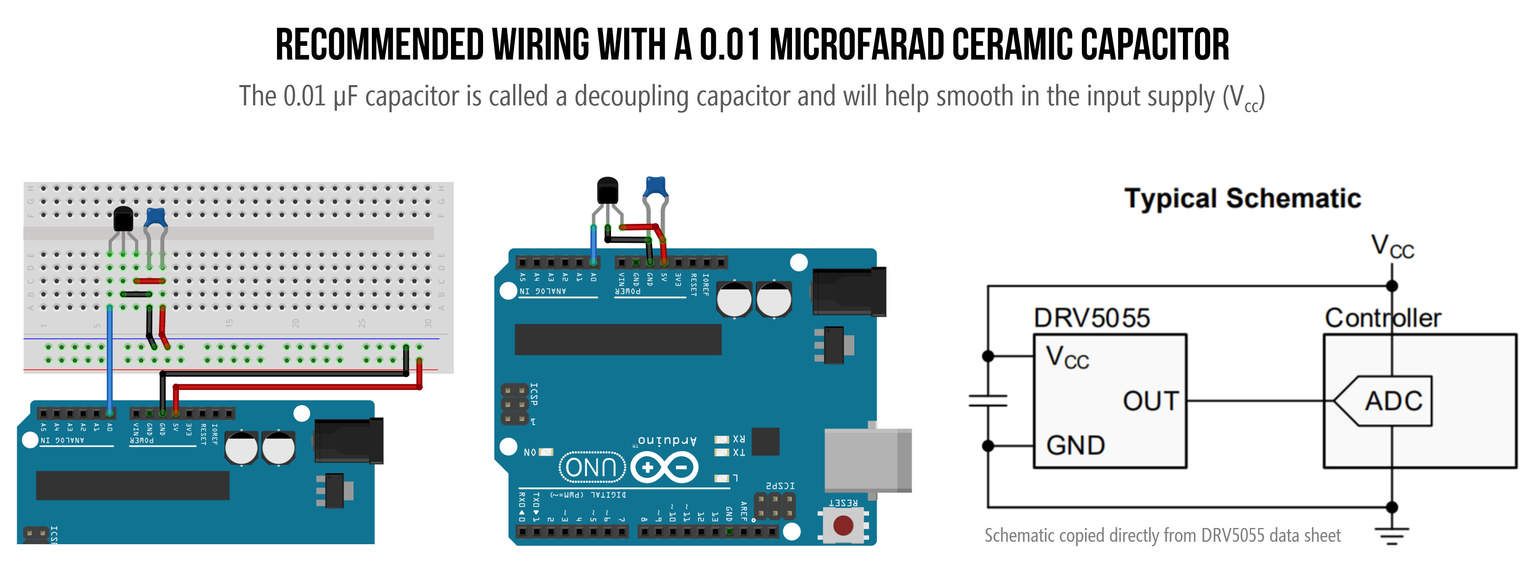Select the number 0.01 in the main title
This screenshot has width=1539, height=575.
[730, 45]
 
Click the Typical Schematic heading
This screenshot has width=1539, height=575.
[1242, 198]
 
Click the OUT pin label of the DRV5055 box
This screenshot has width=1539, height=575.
[1150, 401]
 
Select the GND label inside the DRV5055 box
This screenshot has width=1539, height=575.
[1075, 445]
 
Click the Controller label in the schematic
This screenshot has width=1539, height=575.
[1382, 318]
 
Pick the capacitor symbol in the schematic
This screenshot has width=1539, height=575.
[988, 401]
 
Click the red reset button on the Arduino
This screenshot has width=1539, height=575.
[843, 526]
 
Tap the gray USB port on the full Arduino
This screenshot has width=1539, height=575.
[867, 460]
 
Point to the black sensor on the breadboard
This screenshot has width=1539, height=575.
[123, 219]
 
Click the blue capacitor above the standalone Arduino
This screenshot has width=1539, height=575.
[655, 187]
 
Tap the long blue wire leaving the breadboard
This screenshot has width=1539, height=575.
[110, 358]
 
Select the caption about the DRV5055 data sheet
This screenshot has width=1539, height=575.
[1162, 536]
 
